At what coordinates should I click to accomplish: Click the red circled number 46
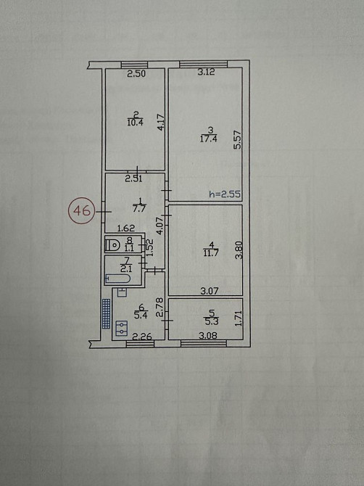[x=82, y=211]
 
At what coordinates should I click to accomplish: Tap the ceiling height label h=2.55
[x=225, y=194]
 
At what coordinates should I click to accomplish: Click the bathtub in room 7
[x=117, y=279]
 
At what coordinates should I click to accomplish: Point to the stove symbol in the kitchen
[x=122, y=329]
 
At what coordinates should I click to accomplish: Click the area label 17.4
[x=208, y=139]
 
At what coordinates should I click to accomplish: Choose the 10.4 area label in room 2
[x=135, y=122]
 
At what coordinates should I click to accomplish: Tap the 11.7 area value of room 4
[x=211, y=252]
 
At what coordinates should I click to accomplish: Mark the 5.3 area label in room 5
[x=211, y=321]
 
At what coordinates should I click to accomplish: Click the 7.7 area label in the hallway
[x=138, y=208]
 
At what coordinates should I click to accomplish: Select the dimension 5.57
[x=237, y=140]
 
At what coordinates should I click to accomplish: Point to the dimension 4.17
[x=160, y=123]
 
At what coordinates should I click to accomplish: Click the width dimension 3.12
[x=206, y=73]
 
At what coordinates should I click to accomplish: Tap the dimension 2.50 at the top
[x=136, y=74]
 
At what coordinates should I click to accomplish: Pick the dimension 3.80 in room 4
[x=239, y=250]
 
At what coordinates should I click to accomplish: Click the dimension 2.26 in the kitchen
[x=142, y=337]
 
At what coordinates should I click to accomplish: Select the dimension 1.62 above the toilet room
[x=126, y=228]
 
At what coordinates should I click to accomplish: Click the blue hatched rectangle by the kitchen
[x=106, y=313]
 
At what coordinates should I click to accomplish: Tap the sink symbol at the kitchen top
[x=122, y=292]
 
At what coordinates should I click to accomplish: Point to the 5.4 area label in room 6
[x=141, y=316]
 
